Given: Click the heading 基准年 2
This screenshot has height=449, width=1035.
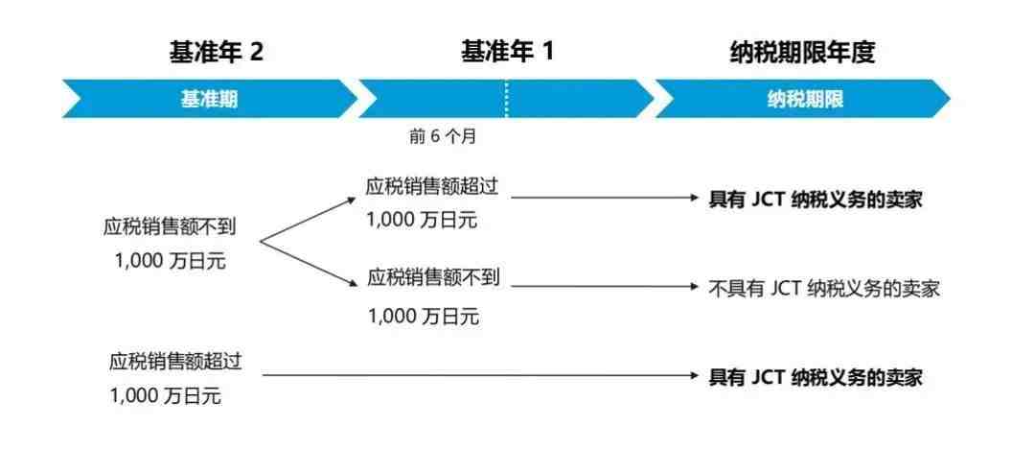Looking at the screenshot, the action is pyautogui.click(x=216, y=53).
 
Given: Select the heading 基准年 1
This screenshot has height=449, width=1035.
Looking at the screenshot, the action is pyautogui.click(x=506, y=53).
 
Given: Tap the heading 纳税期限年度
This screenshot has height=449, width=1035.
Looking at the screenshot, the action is pyautogui.click(x=802, y=53).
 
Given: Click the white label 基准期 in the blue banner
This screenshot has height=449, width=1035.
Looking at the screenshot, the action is pyautogui.click(x=209, y=99).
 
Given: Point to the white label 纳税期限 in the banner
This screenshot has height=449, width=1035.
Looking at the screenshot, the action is pyautogui.click(x=805, y=99).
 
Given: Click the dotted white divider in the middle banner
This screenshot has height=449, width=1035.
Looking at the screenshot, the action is pyautogui.click(x=506, y=99).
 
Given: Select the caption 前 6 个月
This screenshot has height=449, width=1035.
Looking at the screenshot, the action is pyautogui.click(x=442, y=136).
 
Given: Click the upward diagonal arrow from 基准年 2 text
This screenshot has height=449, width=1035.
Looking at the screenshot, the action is pyautogui.click(x=308, y=219).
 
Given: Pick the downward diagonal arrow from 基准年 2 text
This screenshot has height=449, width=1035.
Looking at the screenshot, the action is pyautogui.click(x=308, y=264).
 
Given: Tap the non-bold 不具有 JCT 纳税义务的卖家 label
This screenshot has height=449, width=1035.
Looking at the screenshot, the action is pyautogui.click(x=824, y=289).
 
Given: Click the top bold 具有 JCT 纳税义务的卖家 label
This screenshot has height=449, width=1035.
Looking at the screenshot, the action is pyautogui.click(x=816, y=199).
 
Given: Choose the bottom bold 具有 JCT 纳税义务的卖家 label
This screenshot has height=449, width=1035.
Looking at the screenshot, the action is pyautogui.click(x=816, y=377).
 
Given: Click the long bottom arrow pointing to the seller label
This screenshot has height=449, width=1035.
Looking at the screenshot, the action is pyautogui.click(x=480, y=375).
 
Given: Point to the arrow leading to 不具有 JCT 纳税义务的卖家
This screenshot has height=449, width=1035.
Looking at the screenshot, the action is pyautogui.click(x=605, y=286).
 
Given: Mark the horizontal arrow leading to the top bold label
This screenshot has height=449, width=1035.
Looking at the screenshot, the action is pyautogui.click(x=605, y=197).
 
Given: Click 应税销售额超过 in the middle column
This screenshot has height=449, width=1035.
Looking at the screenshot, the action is pyautogui.click(x=432, y=187).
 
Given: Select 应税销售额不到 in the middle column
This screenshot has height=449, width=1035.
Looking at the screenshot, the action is pyautogui.click(x=434, y=277).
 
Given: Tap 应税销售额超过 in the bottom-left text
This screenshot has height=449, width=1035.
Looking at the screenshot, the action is pyautogui.click(x=176, y=362).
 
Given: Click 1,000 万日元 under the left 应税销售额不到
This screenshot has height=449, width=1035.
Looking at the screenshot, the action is pyautogui.click(x=171, y=261).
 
